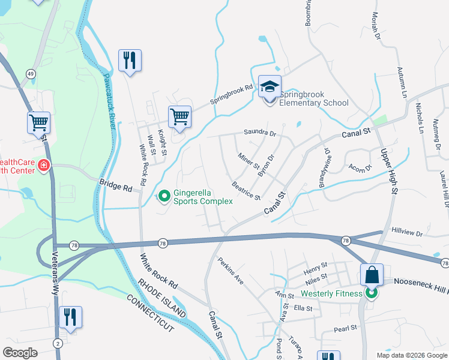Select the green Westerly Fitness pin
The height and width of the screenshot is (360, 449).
coord(372,293)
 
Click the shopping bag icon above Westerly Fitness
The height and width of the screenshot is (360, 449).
coord(372,275)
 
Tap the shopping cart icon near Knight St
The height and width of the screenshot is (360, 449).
coord(179,116)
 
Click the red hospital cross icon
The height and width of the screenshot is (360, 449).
coord(43,165)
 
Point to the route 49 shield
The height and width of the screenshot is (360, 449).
coord(29,73)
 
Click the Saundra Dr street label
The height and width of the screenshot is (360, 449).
coord(259,132)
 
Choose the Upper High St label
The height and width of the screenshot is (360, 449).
coord(387,171)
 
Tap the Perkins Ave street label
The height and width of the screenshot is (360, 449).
coord(231,271)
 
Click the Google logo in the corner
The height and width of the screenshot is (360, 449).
coord(20,352)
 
